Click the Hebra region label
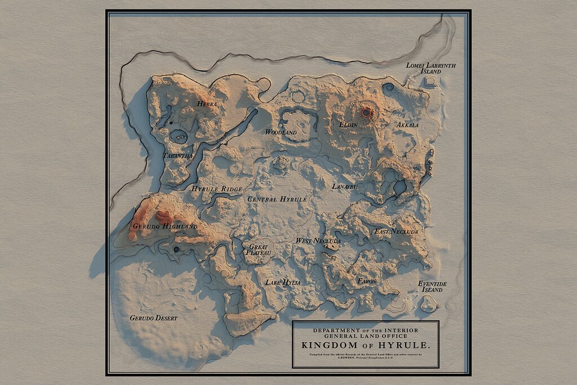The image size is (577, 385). pyautogui.click(x=207, y=104)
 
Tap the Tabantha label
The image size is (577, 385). pyautogui.click(x=177, y=156)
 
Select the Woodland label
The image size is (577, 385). pyautogui.click(x=281, y=132)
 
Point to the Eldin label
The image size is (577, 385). pyautogui.click(x=348, y=124)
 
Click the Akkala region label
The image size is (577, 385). pyautogui.click(x=407, y=125)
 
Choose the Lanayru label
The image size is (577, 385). pyautogui.click(x=345, y=186)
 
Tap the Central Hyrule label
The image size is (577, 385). pyautogui.click(x=277, y=199)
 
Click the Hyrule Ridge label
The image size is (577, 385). pyautogui.click(x=216, y=189)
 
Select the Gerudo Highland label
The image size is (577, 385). pyautogui.click(x=165, y=226)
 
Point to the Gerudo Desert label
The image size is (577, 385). pyautogui.click(x=153, y=318)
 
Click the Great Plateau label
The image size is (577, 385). pyautogui.click(x=259, y=250)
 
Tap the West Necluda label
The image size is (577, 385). pyautogui.click(x=318, y=241)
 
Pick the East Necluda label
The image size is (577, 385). pyautogui.click(x=396, y=231)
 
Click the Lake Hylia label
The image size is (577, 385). pyautogui.click(x=283, y=282)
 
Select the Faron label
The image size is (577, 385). pyautogui.click(x=366, y=281)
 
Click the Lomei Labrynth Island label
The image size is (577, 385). pyautogui.click(x=431, y=68)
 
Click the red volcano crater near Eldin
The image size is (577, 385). pyautogui.click(x=366, y=113)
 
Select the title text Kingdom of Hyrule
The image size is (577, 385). pyautogui.click(x=365, y=345)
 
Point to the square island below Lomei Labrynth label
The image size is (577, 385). pyautogui.click(x=430, y=82)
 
